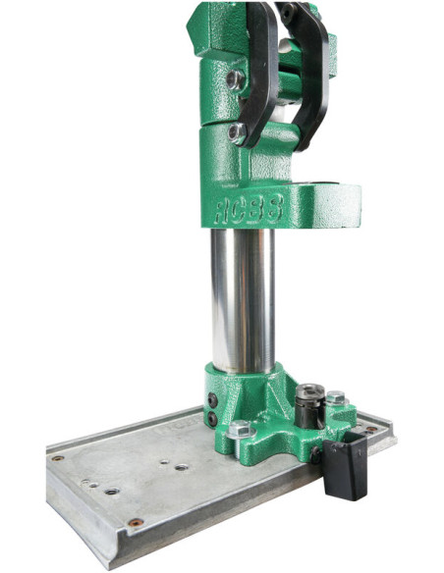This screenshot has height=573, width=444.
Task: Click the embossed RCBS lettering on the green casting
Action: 250,209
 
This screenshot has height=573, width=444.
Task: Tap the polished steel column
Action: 243,300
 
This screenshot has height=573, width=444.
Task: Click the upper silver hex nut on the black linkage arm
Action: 235,79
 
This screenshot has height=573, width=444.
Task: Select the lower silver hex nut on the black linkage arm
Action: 237,133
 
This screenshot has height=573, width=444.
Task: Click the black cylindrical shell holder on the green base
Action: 310,405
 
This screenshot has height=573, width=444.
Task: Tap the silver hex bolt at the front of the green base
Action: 241,429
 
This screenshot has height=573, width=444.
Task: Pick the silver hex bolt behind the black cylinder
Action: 336,398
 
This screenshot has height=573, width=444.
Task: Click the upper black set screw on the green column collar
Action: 212,400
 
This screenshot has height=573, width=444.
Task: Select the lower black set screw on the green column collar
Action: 212,418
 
